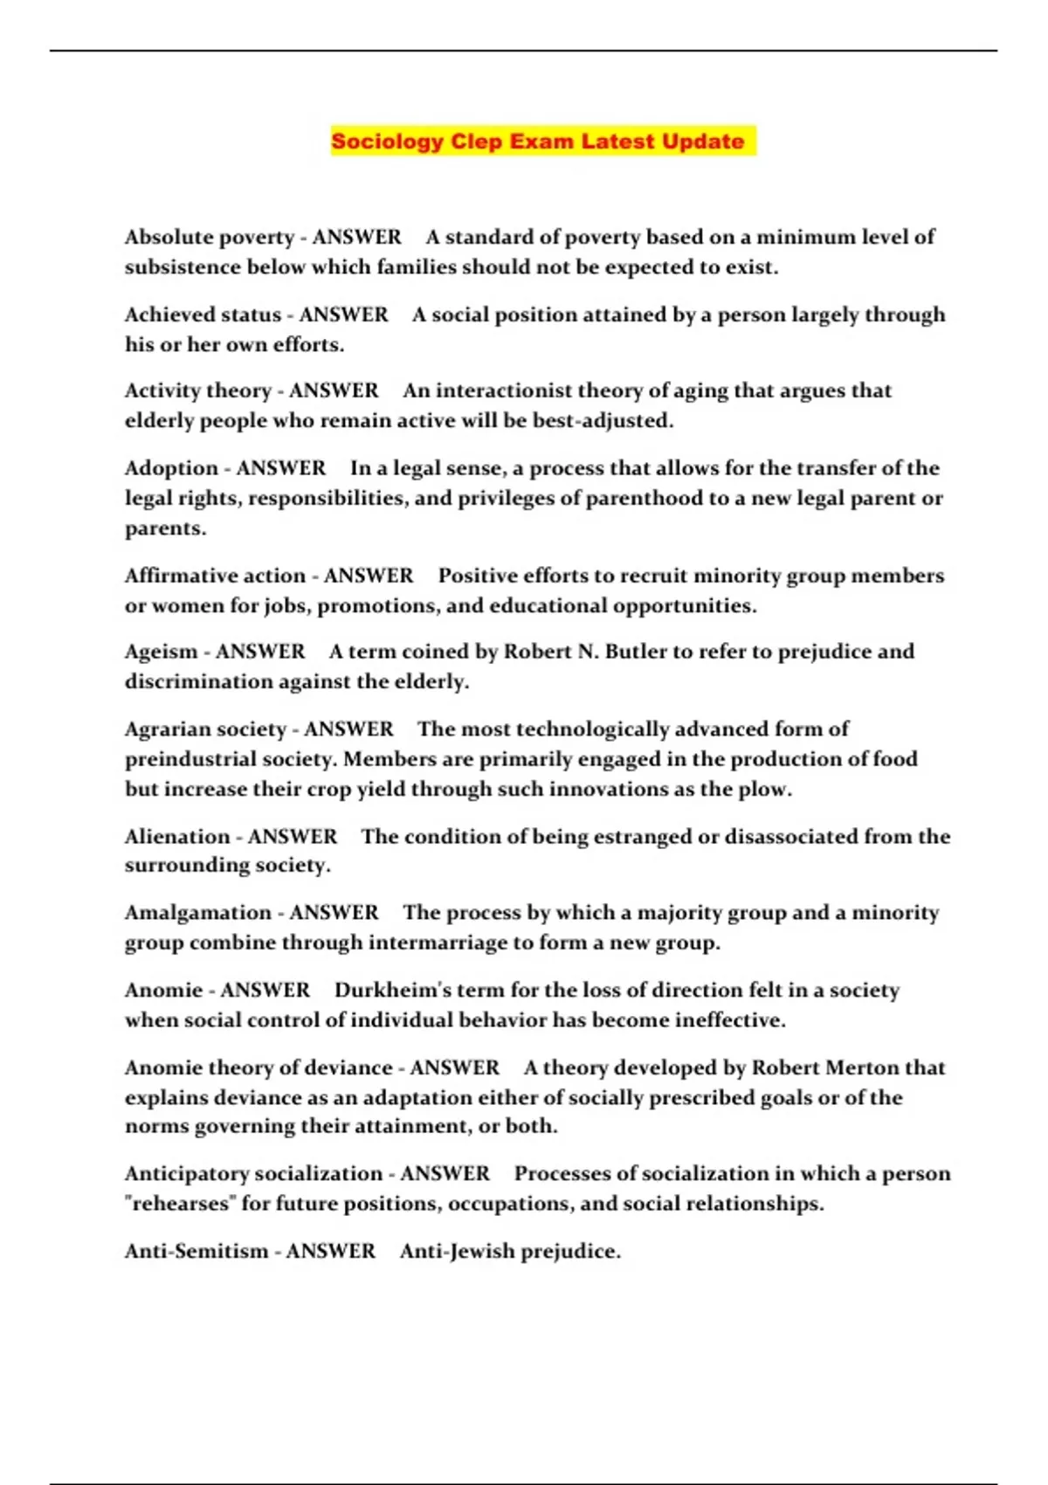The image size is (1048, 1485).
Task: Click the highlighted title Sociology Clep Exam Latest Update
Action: tap(537, 142)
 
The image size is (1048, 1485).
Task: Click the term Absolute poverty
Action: tap(210, 238)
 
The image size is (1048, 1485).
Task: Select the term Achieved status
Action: tap(203, 314)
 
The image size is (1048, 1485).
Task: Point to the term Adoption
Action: tap(171, 468)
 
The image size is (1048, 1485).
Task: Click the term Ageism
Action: tap(161, 652)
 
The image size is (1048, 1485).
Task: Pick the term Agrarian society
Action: tap(205, 729)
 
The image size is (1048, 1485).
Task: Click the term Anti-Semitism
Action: tap(196, 1251)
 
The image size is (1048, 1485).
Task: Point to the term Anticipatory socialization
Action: tap(253, 1173)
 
